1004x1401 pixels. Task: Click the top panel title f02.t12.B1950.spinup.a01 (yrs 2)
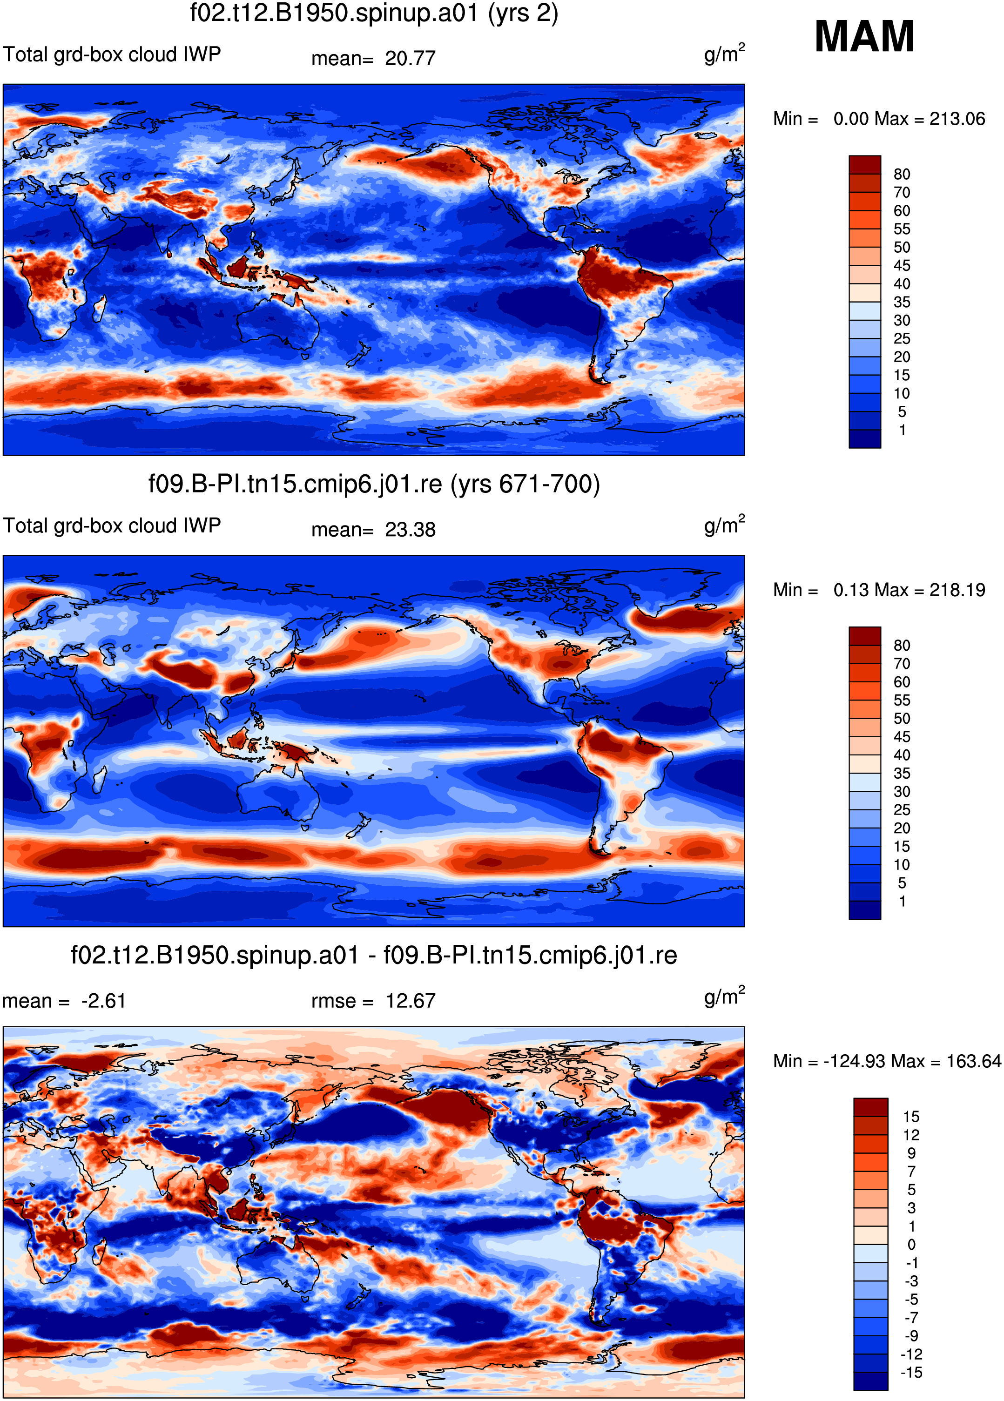[x=374, y=13]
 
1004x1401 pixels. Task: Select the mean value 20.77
[x=410, y=59]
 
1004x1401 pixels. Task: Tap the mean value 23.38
[x=410, y=530]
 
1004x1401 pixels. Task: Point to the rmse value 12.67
[x=410, y=1001]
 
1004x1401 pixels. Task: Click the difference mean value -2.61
[x=103, y=1001]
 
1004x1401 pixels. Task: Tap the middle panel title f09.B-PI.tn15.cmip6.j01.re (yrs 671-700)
[x=374, y=484]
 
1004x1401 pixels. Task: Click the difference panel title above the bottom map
[x=374, y=956]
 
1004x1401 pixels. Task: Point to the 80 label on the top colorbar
[x=902, y=174]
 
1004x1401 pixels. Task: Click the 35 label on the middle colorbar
[x=902, y=774]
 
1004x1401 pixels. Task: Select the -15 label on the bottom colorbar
[x=911, y=1373]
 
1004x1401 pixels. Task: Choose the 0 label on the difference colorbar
[x=911, y=1245]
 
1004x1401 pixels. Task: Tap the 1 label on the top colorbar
[x=902, y=430]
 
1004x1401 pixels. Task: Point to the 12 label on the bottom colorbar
[x=911, y=1135]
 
